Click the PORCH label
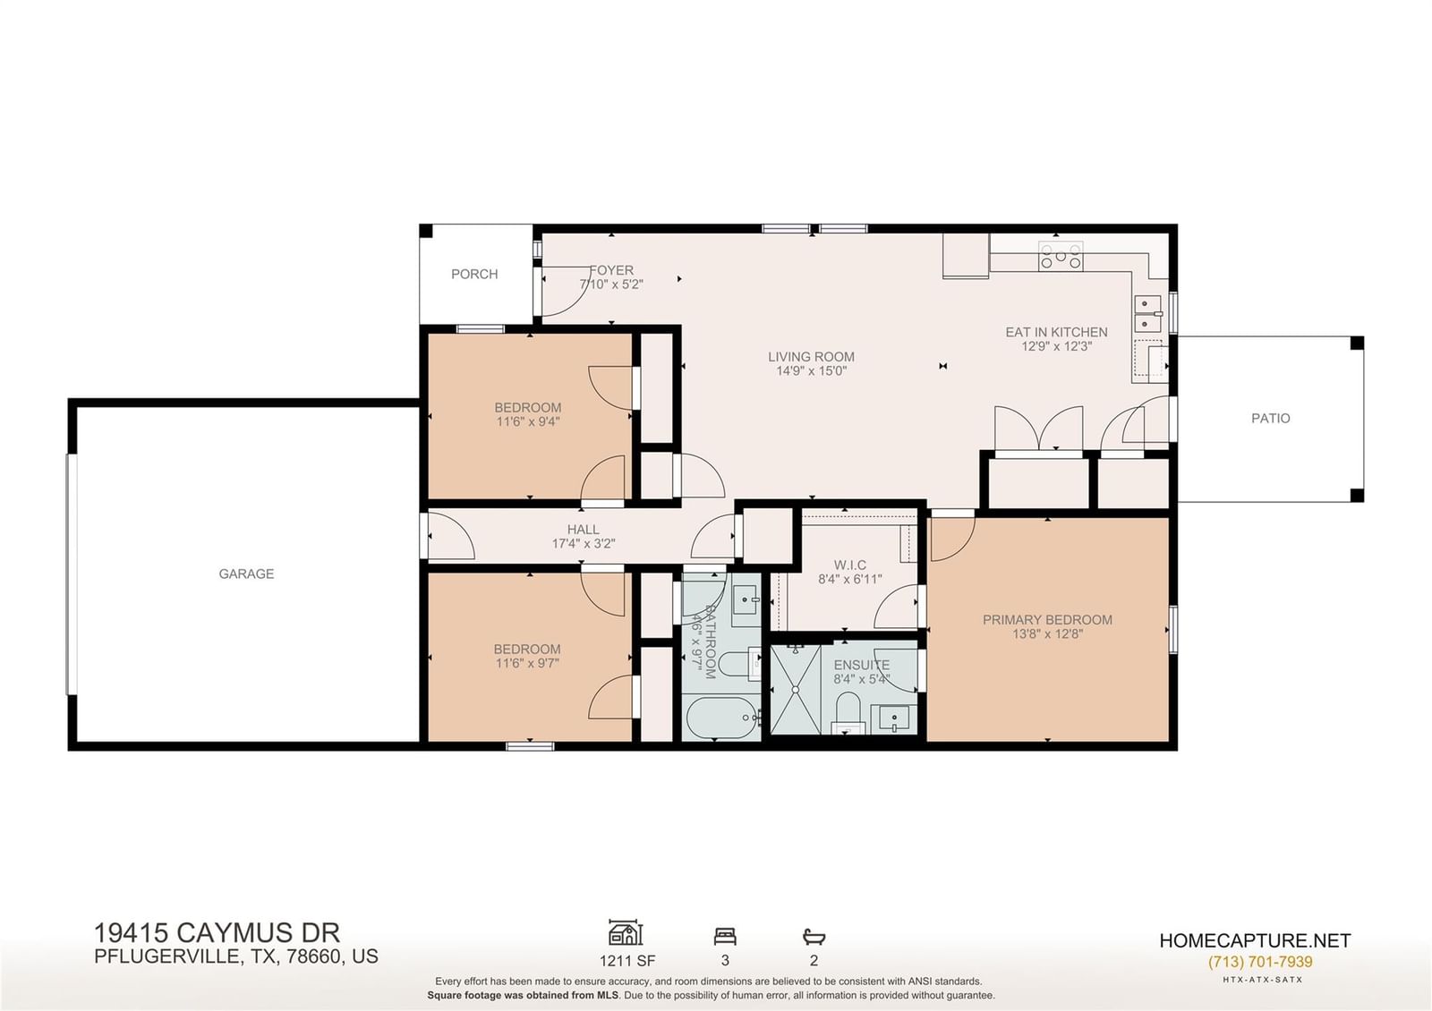(x=474, y=274)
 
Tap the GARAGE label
(x=246, y=573)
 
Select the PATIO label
(x=1270, y=419)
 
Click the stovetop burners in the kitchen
(x=1061, y=256)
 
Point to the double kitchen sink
(x=1148, y=313)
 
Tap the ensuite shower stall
(x=796, y=690)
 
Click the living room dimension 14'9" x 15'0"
(x=811, y=371)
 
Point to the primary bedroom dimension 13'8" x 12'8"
(x=1048, y=634)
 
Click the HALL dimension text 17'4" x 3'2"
(x=583, y=544)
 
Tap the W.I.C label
(x=850, y=565)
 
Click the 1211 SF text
(x=627, y=961)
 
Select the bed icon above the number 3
(x=725, y=937)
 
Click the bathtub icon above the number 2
(x=814, y=937)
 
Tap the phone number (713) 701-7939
(x=1259, y=961)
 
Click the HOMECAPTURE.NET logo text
(x=1255, y=940)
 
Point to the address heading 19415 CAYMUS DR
(x=217, y=933)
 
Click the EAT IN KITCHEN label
(x=1057, y=332)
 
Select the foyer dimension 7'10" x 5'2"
(x=611, y=285)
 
